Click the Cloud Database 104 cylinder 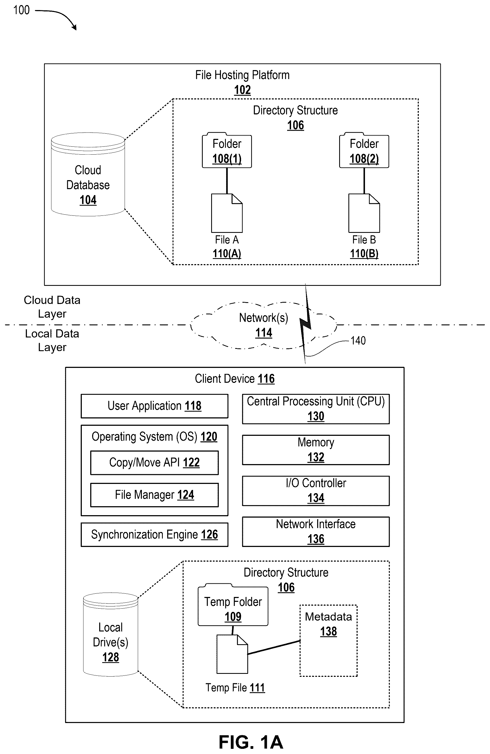click(88, 174)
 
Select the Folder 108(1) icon click(227, 150)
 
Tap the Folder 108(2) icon click(364, 150)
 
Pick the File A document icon click(227, 213)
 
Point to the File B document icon click(364, 213)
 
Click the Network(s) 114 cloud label click(264, 325)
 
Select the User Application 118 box click(154, 406)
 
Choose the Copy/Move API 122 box click(154, 462)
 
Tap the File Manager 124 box click(154, 495)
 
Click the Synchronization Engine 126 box click(154, 534)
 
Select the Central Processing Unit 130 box click(316, 409)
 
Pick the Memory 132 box click(316, 450)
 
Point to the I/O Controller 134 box click(316, 491)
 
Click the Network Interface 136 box click(316, 531)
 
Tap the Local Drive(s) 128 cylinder click(111, 634)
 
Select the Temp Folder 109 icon click(233, 605)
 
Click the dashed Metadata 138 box click(328, 641)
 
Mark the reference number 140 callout click(358, 340)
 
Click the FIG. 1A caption click(251, 742)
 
